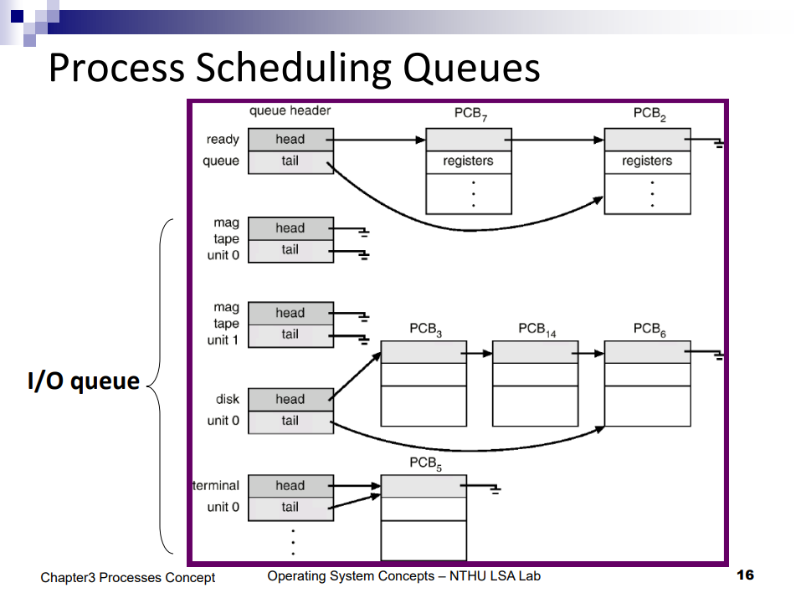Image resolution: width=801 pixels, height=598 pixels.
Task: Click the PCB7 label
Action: pyautogui.click(x=470, y=115)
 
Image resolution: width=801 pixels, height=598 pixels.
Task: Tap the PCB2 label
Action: pyautogui.click(x=650, y=115)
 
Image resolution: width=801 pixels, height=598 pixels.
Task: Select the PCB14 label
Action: pyautogui.click(x=537, y=329)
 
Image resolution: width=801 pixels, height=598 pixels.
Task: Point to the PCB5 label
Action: pyautogui.click(x=425, y=463)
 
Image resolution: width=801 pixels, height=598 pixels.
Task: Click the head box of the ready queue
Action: pyautogui.click(x=290, y=140)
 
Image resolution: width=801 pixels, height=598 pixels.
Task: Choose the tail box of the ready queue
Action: pyautogui.click(x=290, y=161)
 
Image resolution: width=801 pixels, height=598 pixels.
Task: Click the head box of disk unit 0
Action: pyautogui.click(x=290, y=400)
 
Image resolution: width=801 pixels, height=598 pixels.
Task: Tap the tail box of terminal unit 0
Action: pyautogui.click(x=290, y=508)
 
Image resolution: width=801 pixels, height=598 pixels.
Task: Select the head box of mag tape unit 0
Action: pyautogui.click(x=290, y=228)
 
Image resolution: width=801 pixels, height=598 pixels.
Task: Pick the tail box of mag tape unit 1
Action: pyautogui.click(x=290, y=335)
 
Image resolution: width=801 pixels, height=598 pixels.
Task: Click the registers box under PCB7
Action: pyautogui.click(x=468, y=161)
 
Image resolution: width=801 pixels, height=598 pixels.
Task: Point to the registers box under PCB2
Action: pyautogui.click(x=647, y=161)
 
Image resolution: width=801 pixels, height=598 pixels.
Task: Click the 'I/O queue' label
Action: pyautogui.click(x=83, y=382)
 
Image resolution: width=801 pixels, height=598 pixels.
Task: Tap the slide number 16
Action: pyautogui.click(x=745, y=575)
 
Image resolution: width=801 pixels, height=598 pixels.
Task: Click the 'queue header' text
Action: pyautogui.click(x=290, y=111)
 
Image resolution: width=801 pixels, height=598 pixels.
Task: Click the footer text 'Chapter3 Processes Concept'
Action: pyautogui.click(x=127, y=577)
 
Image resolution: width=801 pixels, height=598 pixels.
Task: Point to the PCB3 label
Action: pyautogui.click(x=425, y=329)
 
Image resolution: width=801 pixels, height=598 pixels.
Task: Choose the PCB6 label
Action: pyautogui.click(x=650, y=329)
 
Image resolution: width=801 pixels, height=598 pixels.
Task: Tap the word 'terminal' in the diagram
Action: pyautogui.click(x=217, y=486)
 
